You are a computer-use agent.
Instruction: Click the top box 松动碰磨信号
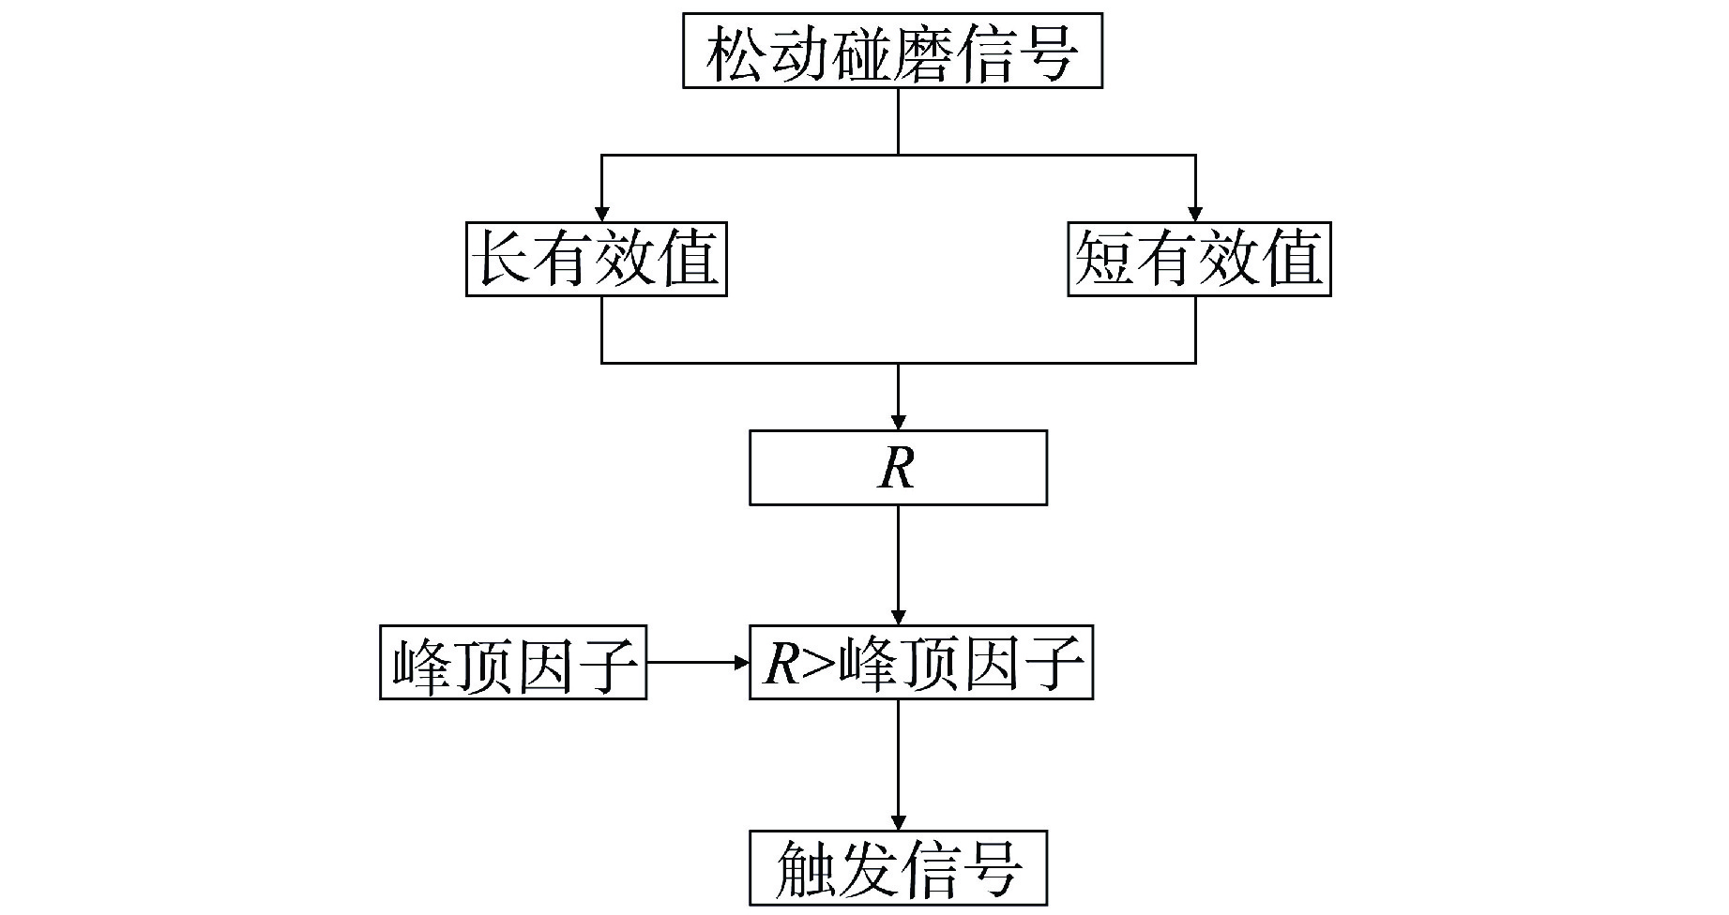[891, 52]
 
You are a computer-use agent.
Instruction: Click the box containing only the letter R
[898, 468]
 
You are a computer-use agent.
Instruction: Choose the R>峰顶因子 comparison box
[920, 663]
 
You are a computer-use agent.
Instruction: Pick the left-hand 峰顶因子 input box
[513, 663]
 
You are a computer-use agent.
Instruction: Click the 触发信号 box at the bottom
[898, 867]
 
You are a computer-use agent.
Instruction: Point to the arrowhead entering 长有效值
[601, 213]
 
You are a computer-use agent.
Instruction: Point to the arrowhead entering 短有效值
[1195, 213]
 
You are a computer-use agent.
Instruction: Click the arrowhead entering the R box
[899, 422]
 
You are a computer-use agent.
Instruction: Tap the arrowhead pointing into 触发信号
[899, 821]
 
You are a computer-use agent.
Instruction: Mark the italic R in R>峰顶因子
[781, 664]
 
